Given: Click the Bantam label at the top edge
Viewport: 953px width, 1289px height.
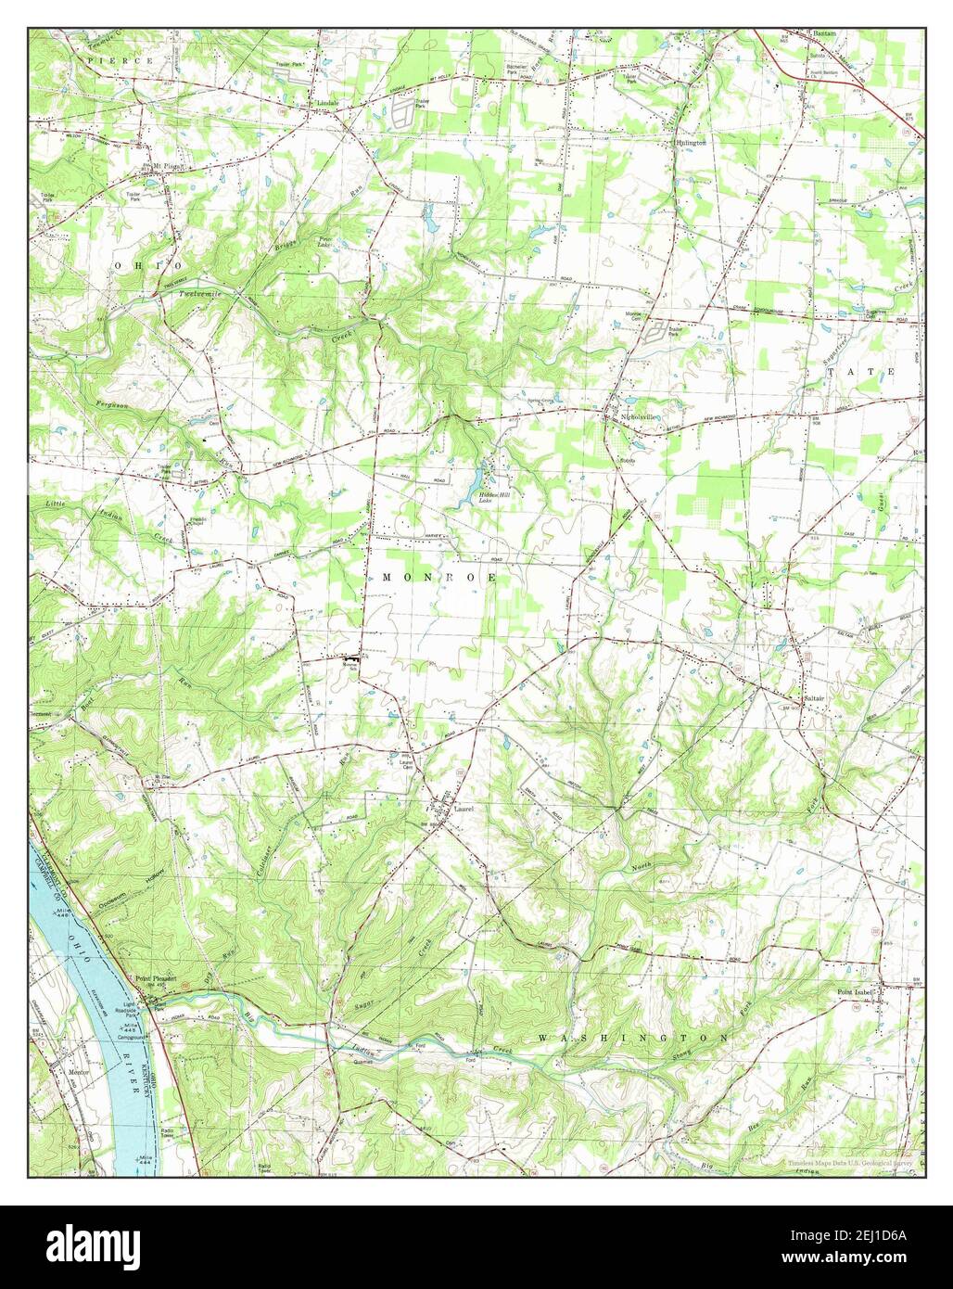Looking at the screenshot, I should coord(824,32).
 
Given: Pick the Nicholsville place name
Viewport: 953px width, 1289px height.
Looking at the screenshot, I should coord(640,417).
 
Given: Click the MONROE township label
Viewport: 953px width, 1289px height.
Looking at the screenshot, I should coord(439,577).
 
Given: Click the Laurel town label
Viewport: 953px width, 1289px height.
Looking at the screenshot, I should coord(464,809).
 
